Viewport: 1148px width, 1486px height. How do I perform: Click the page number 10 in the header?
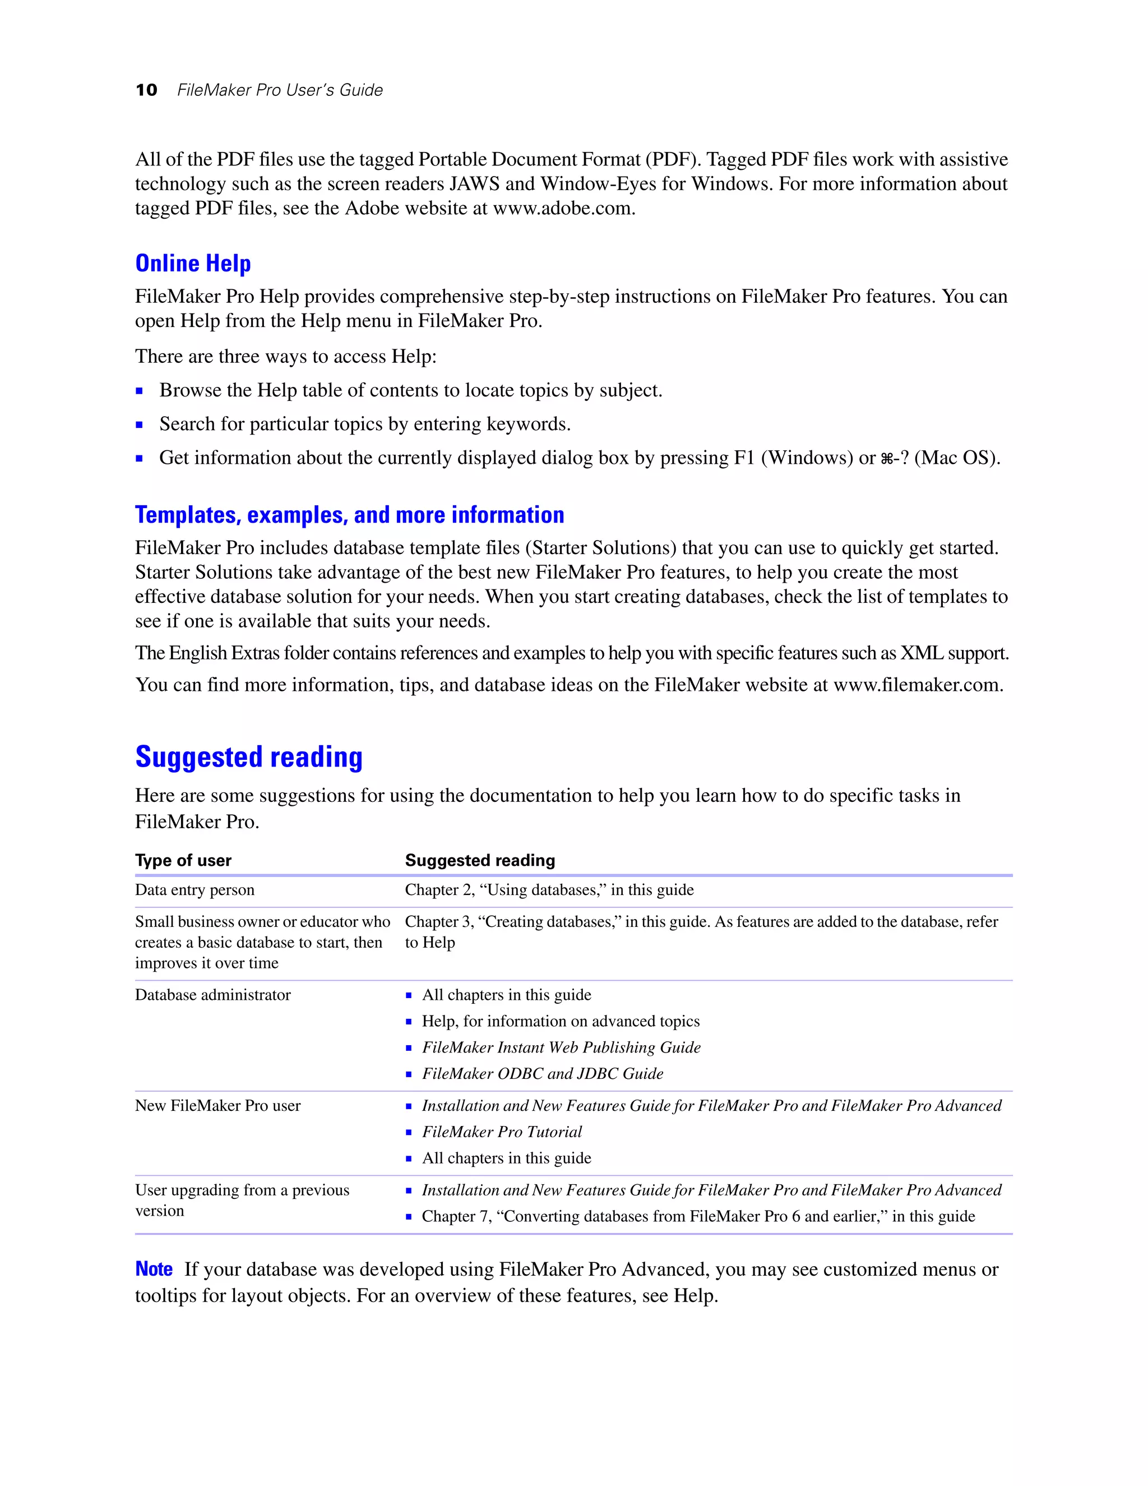tap(146, 90)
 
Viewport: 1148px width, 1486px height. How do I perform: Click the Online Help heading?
tap(193, 264)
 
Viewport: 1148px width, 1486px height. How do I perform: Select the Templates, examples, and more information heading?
tap(350, 515)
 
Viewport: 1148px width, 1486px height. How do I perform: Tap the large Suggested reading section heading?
tap(249, 757)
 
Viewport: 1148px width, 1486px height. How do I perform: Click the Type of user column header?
tap(183, 861)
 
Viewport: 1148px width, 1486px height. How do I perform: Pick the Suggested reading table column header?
tap(480, 861)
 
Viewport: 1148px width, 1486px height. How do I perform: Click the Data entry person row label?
tap(195, 890)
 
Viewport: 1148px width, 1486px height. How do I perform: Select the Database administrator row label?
tap(213, 995)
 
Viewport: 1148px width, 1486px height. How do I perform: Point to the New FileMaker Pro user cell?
tap(217, 1106)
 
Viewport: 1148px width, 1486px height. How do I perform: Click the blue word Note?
tap(154, 1270)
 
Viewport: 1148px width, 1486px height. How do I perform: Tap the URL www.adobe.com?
tap(563, 208)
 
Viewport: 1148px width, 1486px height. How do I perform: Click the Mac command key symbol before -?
tap(886, 459)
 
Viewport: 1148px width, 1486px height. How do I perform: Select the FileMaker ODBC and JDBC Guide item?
tap(542, 1074)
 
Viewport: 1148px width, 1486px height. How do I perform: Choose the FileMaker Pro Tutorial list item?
tap(502, 1132)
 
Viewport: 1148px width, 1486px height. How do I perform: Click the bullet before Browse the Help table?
tap(140, 391)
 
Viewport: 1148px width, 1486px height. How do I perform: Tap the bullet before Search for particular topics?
tap(140, 425)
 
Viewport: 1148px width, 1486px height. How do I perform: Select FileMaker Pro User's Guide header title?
tap(280, 90)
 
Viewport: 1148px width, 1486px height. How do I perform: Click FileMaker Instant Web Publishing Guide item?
tap(561, 1048)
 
